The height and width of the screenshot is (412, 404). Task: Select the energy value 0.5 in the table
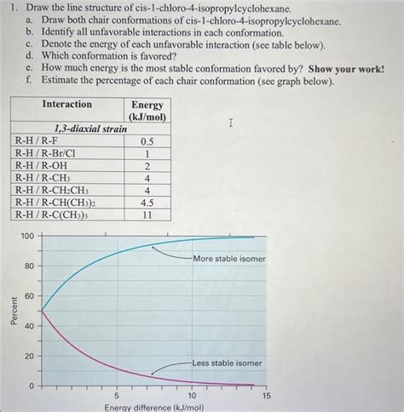[147, 141]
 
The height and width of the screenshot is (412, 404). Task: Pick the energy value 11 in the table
[147, 216]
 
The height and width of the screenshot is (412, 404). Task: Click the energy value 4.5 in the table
[147, 203]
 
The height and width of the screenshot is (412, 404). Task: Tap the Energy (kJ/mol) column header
[147, 110]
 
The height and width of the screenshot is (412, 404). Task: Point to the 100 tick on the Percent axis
[27, 236]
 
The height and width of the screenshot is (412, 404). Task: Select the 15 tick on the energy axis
[266, 396]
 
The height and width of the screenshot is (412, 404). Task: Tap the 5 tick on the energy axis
[117, 396]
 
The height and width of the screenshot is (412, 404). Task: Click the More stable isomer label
[228, 258]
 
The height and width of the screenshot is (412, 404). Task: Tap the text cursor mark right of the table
[230, 123]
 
